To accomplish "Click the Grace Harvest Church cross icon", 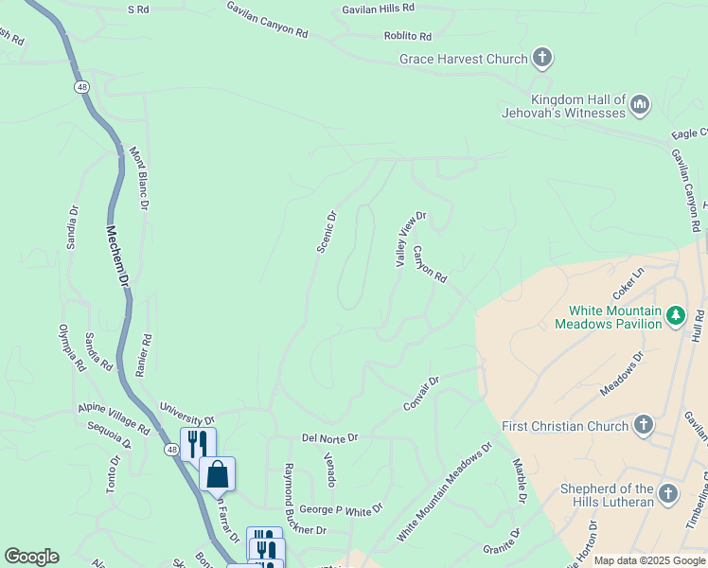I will pyautogui.click(x=542, y=59).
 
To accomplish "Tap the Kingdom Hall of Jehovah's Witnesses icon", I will pyautogui.click(x=639, y=103).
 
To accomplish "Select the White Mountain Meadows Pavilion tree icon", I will pyautogui.click(x=675, y=314).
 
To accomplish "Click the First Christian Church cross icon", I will pyautogui.click(x=644, y=425).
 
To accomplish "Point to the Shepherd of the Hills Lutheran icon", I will pyautogui.click(x=668, y=494).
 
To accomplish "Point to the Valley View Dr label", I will pyautogui.click(x=411, y=239).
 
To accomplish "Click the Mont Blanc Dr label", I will pyautogui.click(x=139, y=177).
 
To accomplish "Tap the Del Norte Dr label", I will pyautogui.click(x=330, y=437).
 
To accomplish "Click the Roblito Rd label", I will pyautogui.click(x=408, y=36).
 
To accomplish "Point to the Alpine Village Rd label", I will pyautogui.click(x=114, y=420).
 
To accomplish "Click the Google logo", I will pyautogui.click(x=31, y=557).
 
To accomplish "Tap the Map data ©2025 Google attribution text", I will pyautogui.click(x=649, y=560).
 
